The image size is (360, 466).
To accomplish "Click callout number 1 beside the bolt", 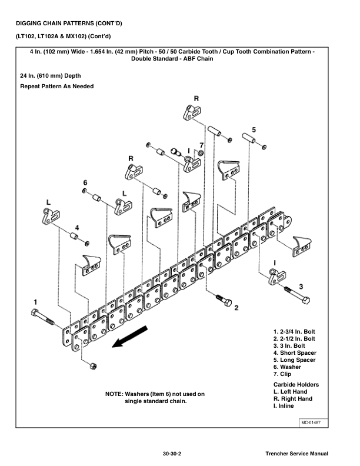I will point(35,302).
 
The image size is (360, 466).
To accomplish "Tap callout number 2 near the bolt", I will point(236,307).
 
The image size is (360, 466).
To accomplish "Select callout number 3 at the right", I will point(301,286).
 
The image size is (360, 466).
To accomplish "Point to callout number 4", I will point(76,227).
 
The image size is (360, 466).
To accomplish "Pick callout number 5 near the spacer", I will point(254,129).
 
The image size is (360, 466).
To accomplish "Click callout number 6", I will point(85,182).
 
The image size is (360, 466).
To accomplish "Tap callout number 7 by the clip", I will point(201,145).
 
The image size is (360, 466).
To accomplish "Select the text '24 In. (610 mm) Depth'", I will point(51,76).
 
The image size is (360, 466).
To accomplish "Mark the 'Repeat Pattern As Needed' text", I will point(56,86).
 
